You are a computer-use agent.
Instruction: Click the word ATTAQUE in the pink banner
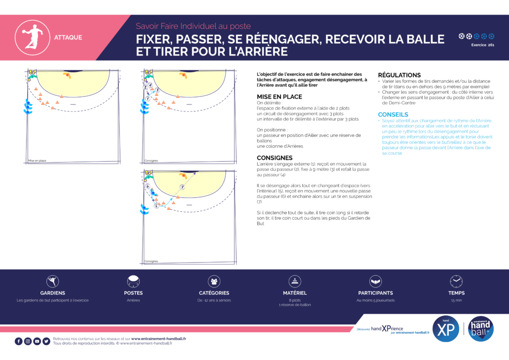68,37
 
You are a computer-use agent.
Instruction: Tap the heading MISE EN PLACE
279,96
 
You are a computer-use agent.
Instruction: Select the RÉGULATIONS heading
399,75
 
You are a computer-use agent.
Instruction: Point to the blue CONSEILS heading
393,114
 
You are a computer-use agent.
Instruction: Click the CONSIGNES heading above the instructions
275,158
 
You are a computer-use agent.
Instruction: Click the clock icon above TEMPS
456,281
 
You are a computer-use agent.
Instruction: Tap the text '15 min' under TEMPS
456,300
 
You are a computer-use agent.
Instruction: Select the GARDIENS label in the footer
53,293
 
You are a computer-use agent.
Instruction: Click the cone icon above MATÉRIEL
295,281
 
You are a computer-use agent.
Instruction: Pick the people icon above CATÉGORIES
214,281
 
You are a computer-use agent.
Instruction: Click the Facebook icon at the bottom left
19,341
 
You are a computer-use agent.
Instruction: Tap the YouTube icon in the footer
37,341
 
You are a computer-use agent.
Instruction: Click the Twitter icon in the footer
46,341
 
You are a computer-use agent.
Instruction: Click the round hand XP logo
446,329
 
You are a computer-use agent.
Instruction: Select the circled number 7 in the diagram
182,187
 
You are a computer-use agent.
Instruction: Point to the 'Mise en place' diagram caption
37,161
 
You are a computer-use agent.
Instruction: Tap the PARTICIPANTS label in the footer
375,293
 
